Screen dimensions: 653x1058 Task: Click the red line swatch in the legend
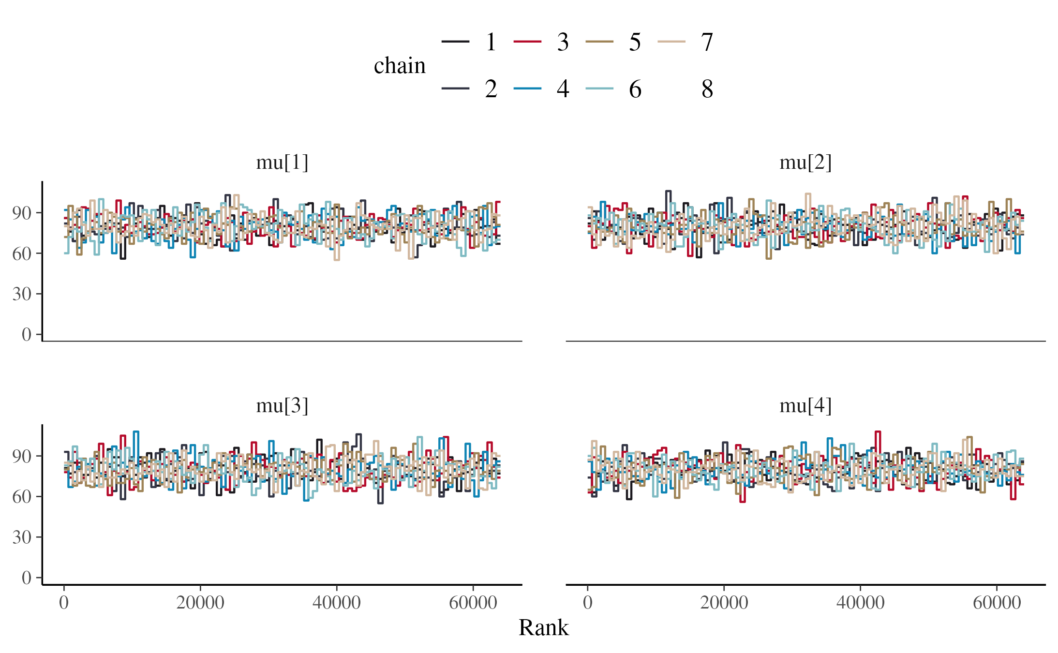[x=527, y=42]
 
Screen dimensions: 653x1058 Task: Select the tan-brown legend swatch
[x=599, y=42]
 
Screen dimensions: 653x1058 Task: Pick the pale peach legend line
[x=671, y=42]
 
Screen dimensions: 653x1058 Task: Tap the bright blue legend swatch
[x=527, y=89]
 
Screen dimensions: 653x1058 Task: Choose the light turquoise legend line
[x=599, y=89]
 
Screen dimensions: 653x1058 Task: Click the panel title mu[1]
[x=282, y=163]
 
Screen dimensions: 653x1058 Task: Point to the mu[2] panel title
[x=805, y=163]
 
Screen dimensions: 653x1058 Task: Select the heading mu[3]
[x=282, y=406]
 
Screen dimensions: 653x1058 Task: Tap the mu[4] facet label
[x=805, y=406]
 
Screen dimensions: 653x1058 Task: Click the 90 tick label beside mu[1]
[x=22, y=213]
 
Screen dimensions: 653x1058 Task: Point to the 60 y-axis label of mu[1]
[x=22, y=253]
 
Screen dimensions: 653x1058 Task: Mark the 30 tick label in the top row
[x=22, y=294]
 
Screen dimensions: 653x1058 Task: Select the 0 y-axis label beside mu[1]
[x=26, y=334]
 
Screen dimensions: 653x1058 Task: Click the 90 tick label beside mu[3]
[x=22, y=456]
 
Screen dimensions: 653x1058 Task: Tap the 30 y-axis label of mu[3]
[x=22, y=537]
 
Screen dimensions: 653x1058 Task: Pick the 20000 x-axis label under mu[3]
[x=200, y=603]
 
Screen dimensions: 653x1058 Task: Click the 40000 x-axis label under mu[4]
[x=860, y=603]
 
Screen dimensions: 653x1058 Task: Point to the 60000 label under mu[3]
[x=473, y=603]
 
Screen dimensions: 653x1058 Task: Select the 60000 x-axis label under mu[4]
[x=997, y=603]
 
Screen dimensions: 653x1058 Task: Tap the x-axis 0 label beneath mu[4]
[x=587, y=603]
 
